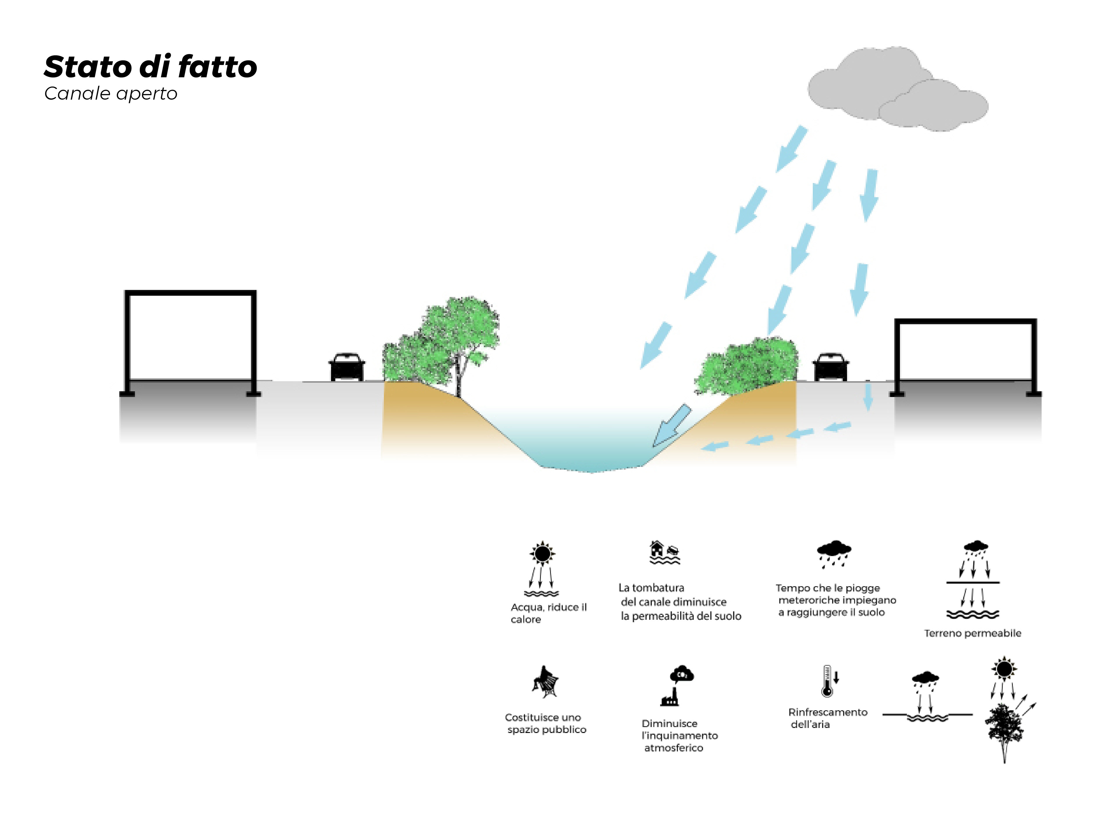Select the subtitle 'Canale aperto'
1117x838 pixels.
click(111, 93)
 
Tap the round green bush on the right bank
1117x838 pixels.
click(747, 364)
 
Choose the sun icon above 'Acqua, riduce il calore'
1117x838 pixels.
click(542, 554)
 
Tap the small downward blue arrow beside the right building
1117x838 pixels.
click(868, 397)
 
